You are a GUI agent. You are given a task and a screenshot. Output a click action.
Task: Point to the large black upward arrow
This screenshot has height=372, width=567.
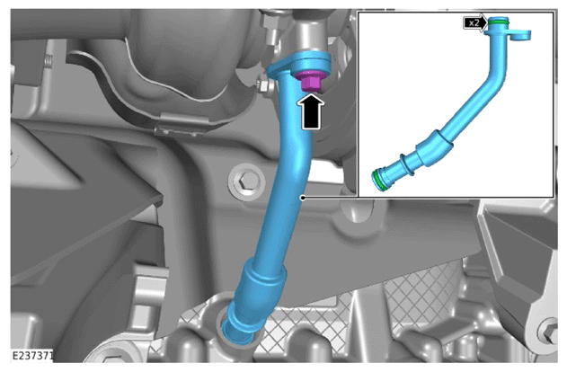click(311, 111)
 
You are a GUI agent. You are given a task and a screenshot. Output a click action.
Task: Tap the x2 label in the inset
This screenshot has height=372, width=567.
click(474, 23)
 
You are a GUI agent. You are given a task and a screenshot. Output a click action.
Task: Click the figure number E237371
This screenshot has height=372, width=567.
click(32, 355)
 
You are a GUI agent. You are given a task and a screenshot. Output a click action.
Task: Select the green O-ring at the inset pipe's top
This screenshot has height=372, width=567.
click(499, 22)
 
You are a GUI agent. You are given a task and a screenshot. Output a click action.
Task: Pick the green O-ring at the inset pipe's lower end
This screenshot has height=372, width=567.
click(378, 180)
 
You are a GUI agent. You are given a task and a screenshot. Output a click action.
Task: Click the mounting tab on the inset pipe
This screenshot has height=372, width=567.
click(519, 35)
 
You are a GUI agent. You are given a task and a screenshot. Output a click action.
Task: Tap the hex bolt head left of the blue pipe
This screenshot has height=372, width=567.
click(245, 180)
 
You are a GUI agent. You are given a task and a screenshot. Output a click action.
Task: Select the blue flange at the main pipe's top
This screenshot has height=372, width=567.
click(299, 65)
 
